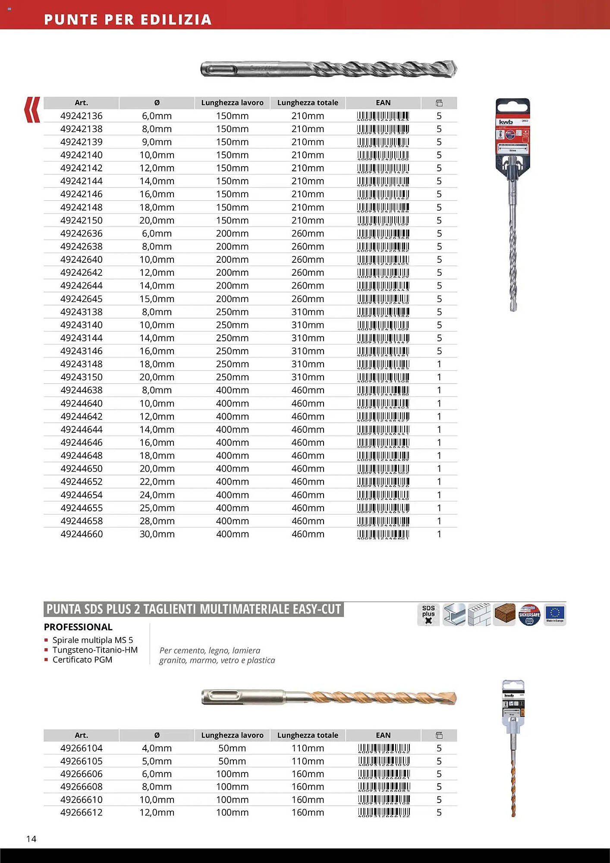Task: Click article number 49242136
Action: point(82,116)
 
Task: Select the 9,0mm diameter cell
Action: point(157,142)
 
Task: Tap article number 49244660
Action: point(82,534)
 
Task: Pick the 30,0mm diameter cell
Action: point(157,534)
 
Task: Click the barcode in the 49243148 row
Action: point(383,365)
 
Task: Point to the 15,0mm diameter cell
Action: point(157,299)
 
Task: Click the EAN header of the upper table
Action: point(383,103)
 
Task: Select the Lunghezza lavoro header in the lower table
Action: point(232,735)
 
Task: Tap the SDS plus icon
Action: point(428,614)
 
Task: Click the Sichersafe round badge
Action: point(529,614)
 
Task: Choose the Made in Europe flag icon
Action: point(555,614)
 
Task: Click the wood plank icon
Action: point(504,614)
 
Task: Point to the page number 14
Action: point(31,839)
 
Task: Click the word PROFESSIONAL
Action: point(78,627)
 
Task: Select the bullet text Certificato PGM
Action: point(82,660)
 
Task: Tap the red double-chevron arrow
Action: point(32,110)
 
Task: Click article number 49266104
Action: point(82,748)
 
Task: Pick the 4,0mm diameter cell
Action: point(157,748)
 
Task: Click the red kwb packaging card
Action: point(513,134)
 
